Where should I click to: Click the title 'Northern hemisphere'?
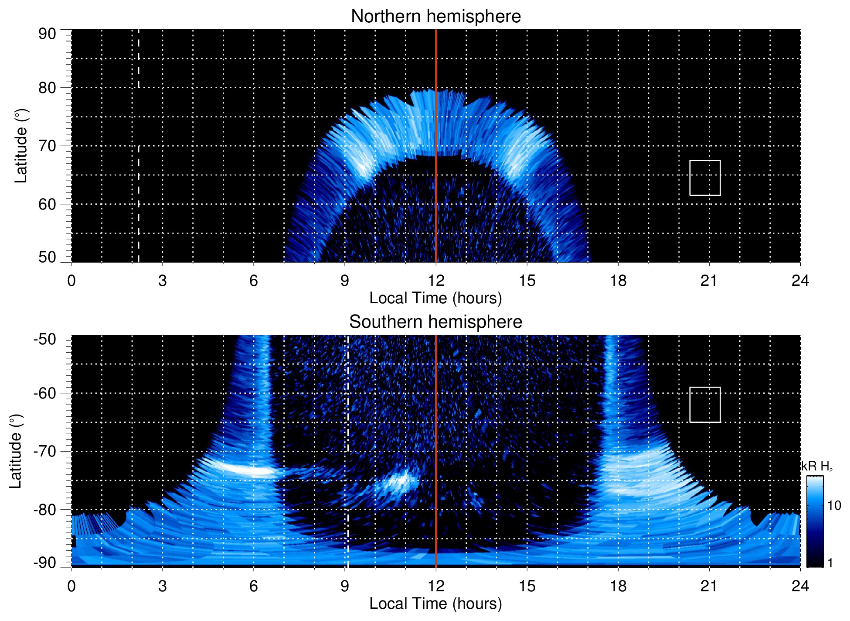(x=435, y=17)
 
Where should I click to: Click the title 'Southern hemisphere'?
(x=435, y=322)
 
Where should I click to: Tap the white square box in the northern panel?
(x=704, y=178)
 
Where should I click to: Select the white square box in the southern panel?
(x=704, y=405)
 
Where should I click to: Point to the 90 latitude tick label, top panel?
(x=47, y=34)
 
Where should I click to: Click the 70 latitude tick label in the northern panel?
(x=47, y=146)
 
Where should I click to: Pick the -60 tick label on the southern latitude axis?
(x=45, y=393)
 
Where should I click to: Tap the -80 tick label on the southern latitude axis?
(x=45, y=509)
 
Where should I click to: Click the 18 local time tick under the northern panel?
(x=618, y=281)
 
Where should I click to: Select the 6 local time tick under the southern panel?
(x=253, y=586)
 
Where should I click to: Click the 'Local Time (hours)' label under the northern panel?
(x=435, y=298)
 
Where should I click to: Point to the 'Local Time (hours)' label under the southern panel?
(x=435, y=604)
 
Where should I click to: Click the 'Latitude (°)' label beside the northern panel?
(x=21, y=146)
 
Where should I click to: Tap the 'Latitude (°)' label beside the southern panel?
(x=16, y=451)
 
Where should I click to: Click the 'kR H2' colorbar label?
(x=816, y=467)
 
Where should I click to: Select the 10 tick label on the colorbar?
(x=834, y=506)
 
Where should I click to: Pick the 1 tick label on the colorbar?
(x=830, y=563)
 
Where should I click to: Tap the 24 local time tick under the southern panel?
(x=800, y=586)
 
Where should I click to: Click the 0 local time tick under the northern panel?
(x=71, y=281)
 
